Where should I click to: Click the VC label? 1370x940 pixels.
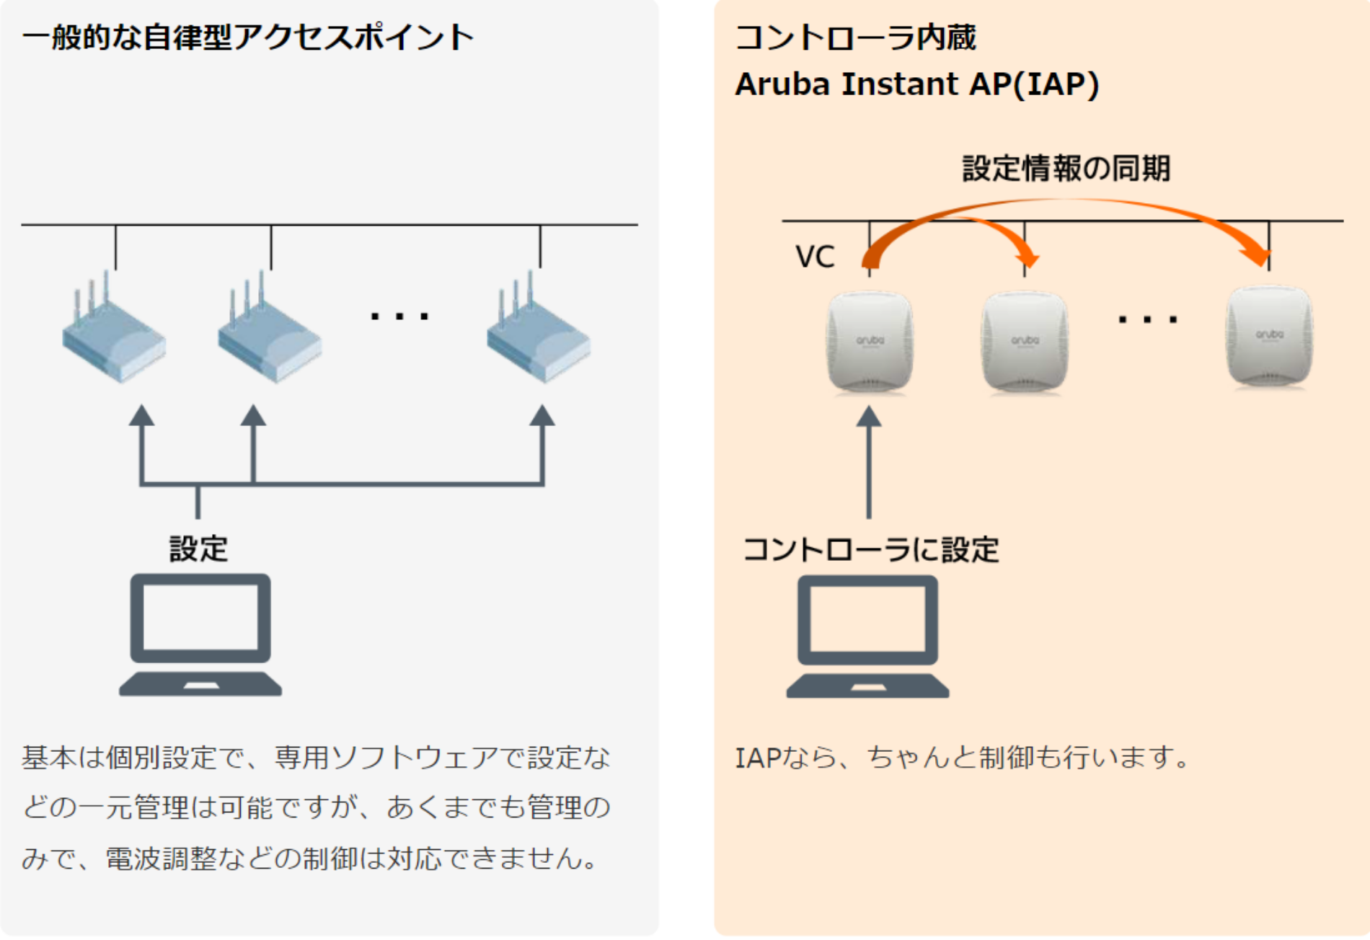(x=815, y=257)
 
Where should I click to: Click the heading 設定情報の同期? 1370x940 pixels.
(x=1066, y=169)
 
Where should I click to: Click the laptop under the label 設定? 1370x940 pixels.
(x=200, y=634)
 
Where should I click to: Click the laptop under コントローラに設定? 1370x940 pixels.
(x=867, y=636)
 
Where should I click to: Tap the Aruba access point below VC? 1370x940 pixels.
(x=870, y=341)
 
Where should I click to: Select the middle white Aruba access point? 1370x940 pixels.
(x=1025, y=341)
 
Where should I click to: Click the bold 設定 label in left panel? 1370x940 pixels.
(x=198, y=549)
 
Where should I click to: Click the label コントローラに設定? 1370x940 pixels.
(x=870, y=550)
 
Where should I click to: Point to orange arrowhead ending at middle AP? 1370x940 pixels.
(x=1027, y=257)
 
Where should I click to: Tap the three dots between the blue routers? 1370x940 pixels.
(x=399, y=316)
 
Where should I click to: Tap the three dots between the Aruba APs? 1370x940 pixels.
(x=1147, y=319)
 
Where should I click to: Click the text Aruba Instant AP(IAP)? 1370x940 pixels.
(x=916, y=84)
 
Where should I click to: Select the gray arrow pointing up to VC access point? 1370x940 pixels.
(x=869, y=461)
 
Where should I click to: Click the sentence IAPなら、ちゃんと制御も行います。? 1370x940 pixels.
(x=963, y=758)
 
